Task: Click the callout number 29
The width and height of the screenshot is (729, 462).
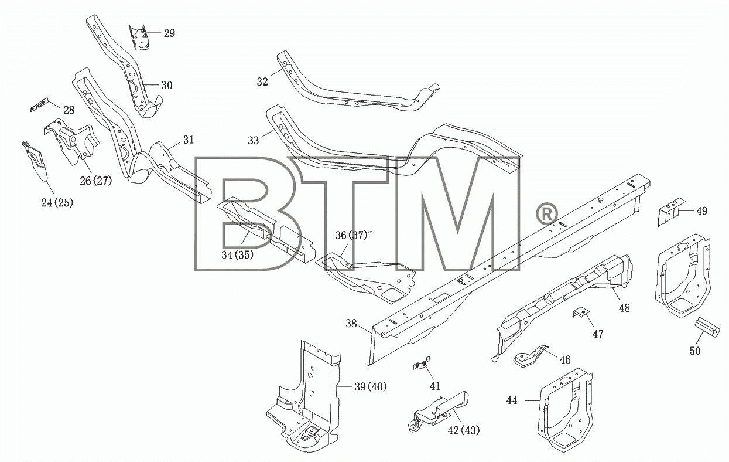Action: coord(169,33)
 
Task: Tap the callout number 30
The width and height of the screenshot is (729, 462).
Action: coord(167,86)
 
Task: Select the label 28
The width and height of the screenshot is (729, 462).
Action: coord(69,110)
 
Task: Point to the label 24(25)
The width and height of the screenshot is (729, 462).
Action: coord(57,203)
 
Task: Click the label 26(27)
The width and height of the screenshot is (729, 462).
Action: coord(96,181)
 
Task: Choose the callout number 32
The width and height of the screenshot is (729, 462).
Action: coord(262,81)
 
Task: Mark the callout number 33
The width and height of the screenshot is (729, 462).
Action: coord(253,141)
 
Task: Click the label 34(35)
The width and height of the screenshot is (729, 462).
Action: coord(238,254)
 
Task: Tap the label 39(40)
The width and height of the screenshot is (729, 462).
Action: coord(371,387)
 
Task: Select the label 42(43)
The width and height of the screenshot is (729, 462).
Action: coord(464,430)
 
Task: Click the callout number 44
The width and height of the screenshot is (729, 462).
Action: coord(512,400)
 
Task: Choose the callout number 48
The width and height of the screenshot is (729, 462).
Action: coord(624,308)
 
